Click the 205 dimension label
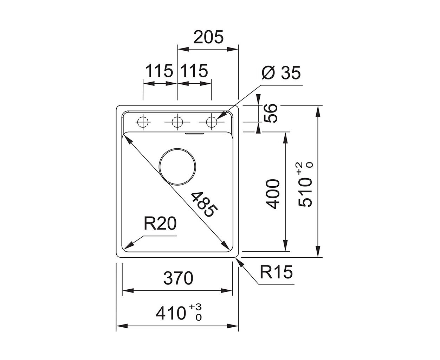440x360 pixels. tap(208, 37)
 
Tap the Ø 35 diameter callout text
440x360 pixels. tap(281, 73)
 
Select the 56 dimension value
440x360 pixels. tap(271, 113)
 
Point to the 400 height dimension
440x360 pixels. tap(273, 194)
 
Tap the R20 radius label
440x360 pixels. tap(160, 224)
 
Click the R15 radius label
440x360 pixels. tap(276, 272)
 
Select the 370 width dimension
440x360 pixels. tap(178, 278)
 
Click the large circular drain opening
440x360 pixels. tap(177, 167)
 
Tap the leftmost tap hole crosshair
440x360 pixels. tap(143, 122)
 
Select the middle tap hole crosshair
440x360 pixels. tap(177, 122)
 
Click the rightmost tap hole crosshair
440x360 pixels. tap(211, 122)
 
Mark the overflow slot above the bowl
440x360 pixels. tap(194, 133)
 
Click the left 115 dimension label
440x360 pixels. tap(159, 71)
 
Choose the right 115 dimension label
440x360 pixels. tap(194, 71)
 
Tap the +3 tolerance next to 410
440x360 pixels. tap(195, 307)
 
